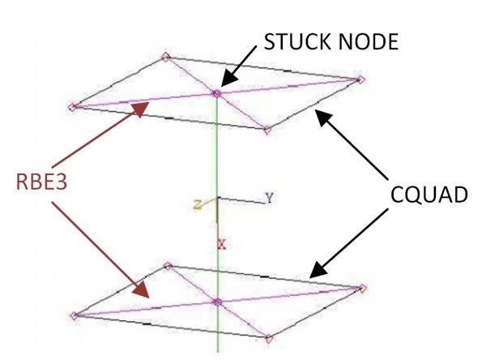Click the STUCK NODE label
[x=330, y=42]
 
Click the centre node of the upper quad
[x=216, y=94]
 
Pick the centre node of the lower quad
[x=216, y=302]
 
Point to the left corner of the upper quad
[x=72, y=106]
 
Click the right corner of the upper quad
[x=361, y=79]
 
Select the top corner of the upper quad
[x=165, y=57]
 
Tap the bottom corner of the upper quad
[x=266, y=129]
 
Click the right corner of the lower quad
[x=362, y=288]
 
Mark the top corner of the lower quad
[x=168, y=265]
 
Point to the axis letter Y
[x=268, y=198]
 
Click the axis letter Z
[x=197, y=206]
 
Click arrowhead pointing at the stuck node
[x=226, y=80]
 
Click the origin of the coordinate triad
[x=217, y=199]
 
